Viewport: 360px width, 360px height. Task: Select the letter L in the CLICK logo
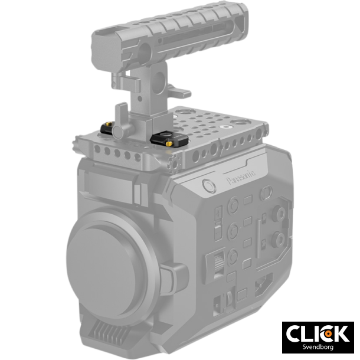tap(307, 333)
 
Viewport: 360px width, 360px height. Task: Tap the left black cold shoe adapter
tap(108, 127)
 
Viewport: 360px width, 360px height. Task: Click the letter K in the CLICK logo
tap(342, 333)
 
